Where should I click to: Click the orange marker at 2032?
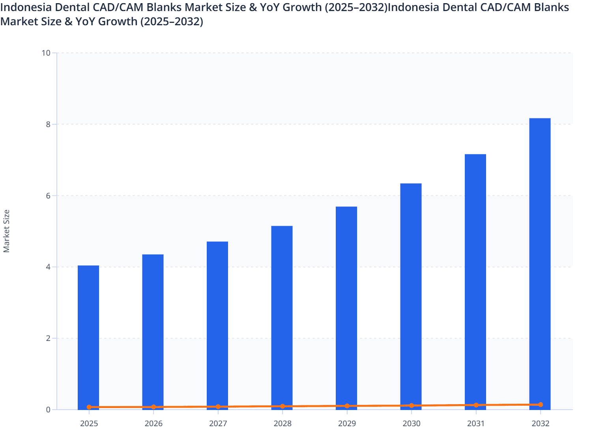click(x=541, y=405)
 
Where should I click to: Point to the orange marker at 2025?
click(x=89, y=407)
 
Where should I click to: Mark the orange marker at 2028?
click(x=283, y=406)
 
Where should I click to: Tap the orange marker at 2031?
click(x=476, y=405)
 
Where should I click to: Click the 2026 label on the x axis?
click(x=153, y=424)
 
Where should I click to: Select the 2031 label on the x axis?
click(x=476, y=424)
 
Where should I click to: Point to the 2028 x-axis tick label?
click(x=283, y=424)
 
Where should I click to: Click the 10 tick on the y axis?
click(x=46, y=53)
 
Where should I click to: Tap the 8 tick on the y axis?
click(x=48, y=124)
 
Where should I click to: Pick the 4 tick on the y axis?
click(x=48, y=267)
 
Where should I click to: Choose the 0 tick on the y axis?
click(x=48, y=410)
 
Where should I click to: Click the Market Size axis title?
click(x=6, y=231)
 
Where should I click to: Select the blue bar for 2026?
click(x=153, y=331)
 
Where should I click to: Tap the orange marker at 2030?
click(x=412, y=405)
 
